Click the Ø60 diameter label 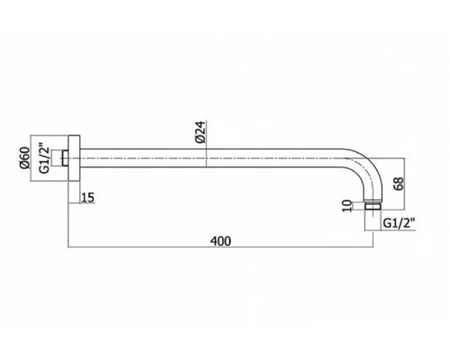pos(25,158)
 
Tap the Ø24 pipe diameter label pos(200,131)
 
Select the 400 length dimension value pos(220,241)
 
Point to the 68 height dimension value pos(399,184)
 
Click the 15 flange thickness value pos(88,197)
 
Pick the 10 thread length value pos(347,206)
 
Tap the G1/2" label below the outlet pos(399,223)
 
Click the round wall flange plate pos(74,158)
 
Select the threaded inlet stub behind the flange pos(65,158)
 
